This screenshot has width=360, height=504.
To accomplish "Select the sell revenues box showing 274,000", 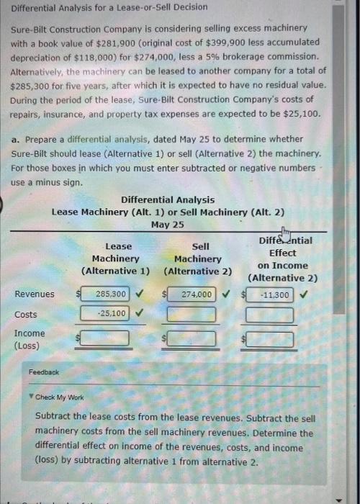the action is (192, 294).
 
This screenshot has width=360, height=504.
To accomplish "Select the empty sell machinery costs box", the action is (192, 315).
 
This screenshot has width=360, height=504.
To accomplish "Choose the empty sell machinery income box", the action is (192, 338).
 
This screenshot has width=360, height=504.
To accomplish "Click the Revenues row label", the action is (34, 294).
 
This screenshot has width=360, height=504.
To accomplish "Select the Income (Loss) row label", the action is (29, 339).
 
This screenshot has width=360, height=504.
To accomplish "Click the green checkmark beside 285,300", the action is (139, 294).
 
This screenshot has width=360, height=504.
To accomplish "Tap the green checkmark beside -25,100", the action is (139, 313).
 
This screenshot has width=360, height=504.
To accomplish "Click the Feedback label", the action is (44, 372).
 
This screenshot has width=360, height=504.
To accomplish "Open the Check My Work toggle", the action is (60, 397).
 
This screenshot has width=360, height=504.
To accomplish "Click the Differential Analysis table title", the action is (167, 199).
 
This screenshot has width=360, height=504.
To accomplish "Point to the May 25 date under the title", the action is (167, 225).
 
